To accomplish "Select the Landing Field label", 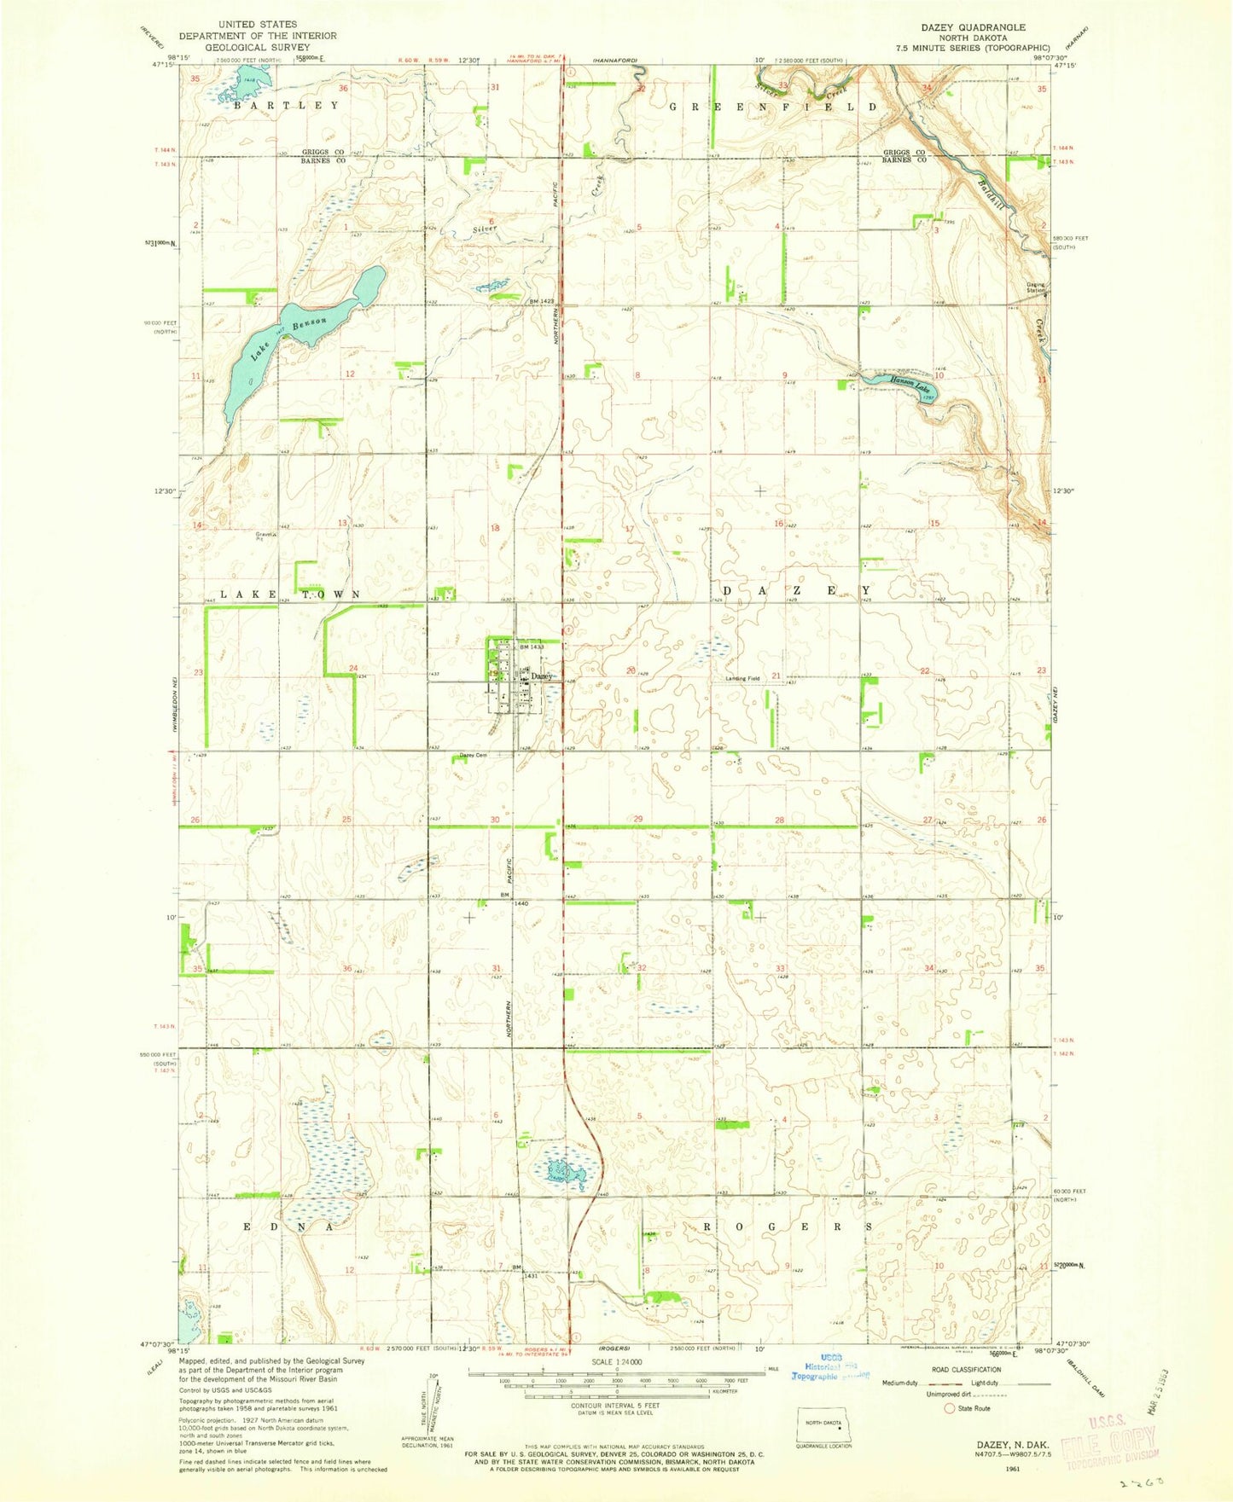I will tap(742, 679).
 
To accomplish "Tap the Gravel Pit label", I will tap(264, 536).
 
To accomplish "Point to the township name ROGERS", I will tap(787, 1226).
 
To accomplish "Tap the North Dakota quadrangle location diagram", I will tap(825, 1424).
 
